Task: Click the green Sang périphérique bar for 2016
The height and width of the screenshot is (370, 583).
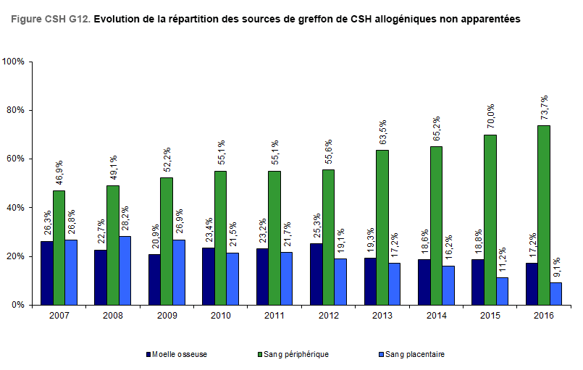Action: click(x=543, y=215)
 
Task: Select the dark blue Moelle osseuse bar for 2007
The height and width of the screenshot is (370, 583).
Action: click(x=46, y=273)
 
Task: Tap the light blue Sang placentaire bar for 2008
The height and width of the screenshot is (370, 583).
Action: click(x=125, y=270)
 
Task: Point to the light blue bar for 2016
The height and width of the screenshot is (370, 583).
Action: click(x=555, y=293)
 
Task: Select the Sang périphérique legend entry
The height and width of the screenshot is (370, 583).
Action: click(x=293, y=355)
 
